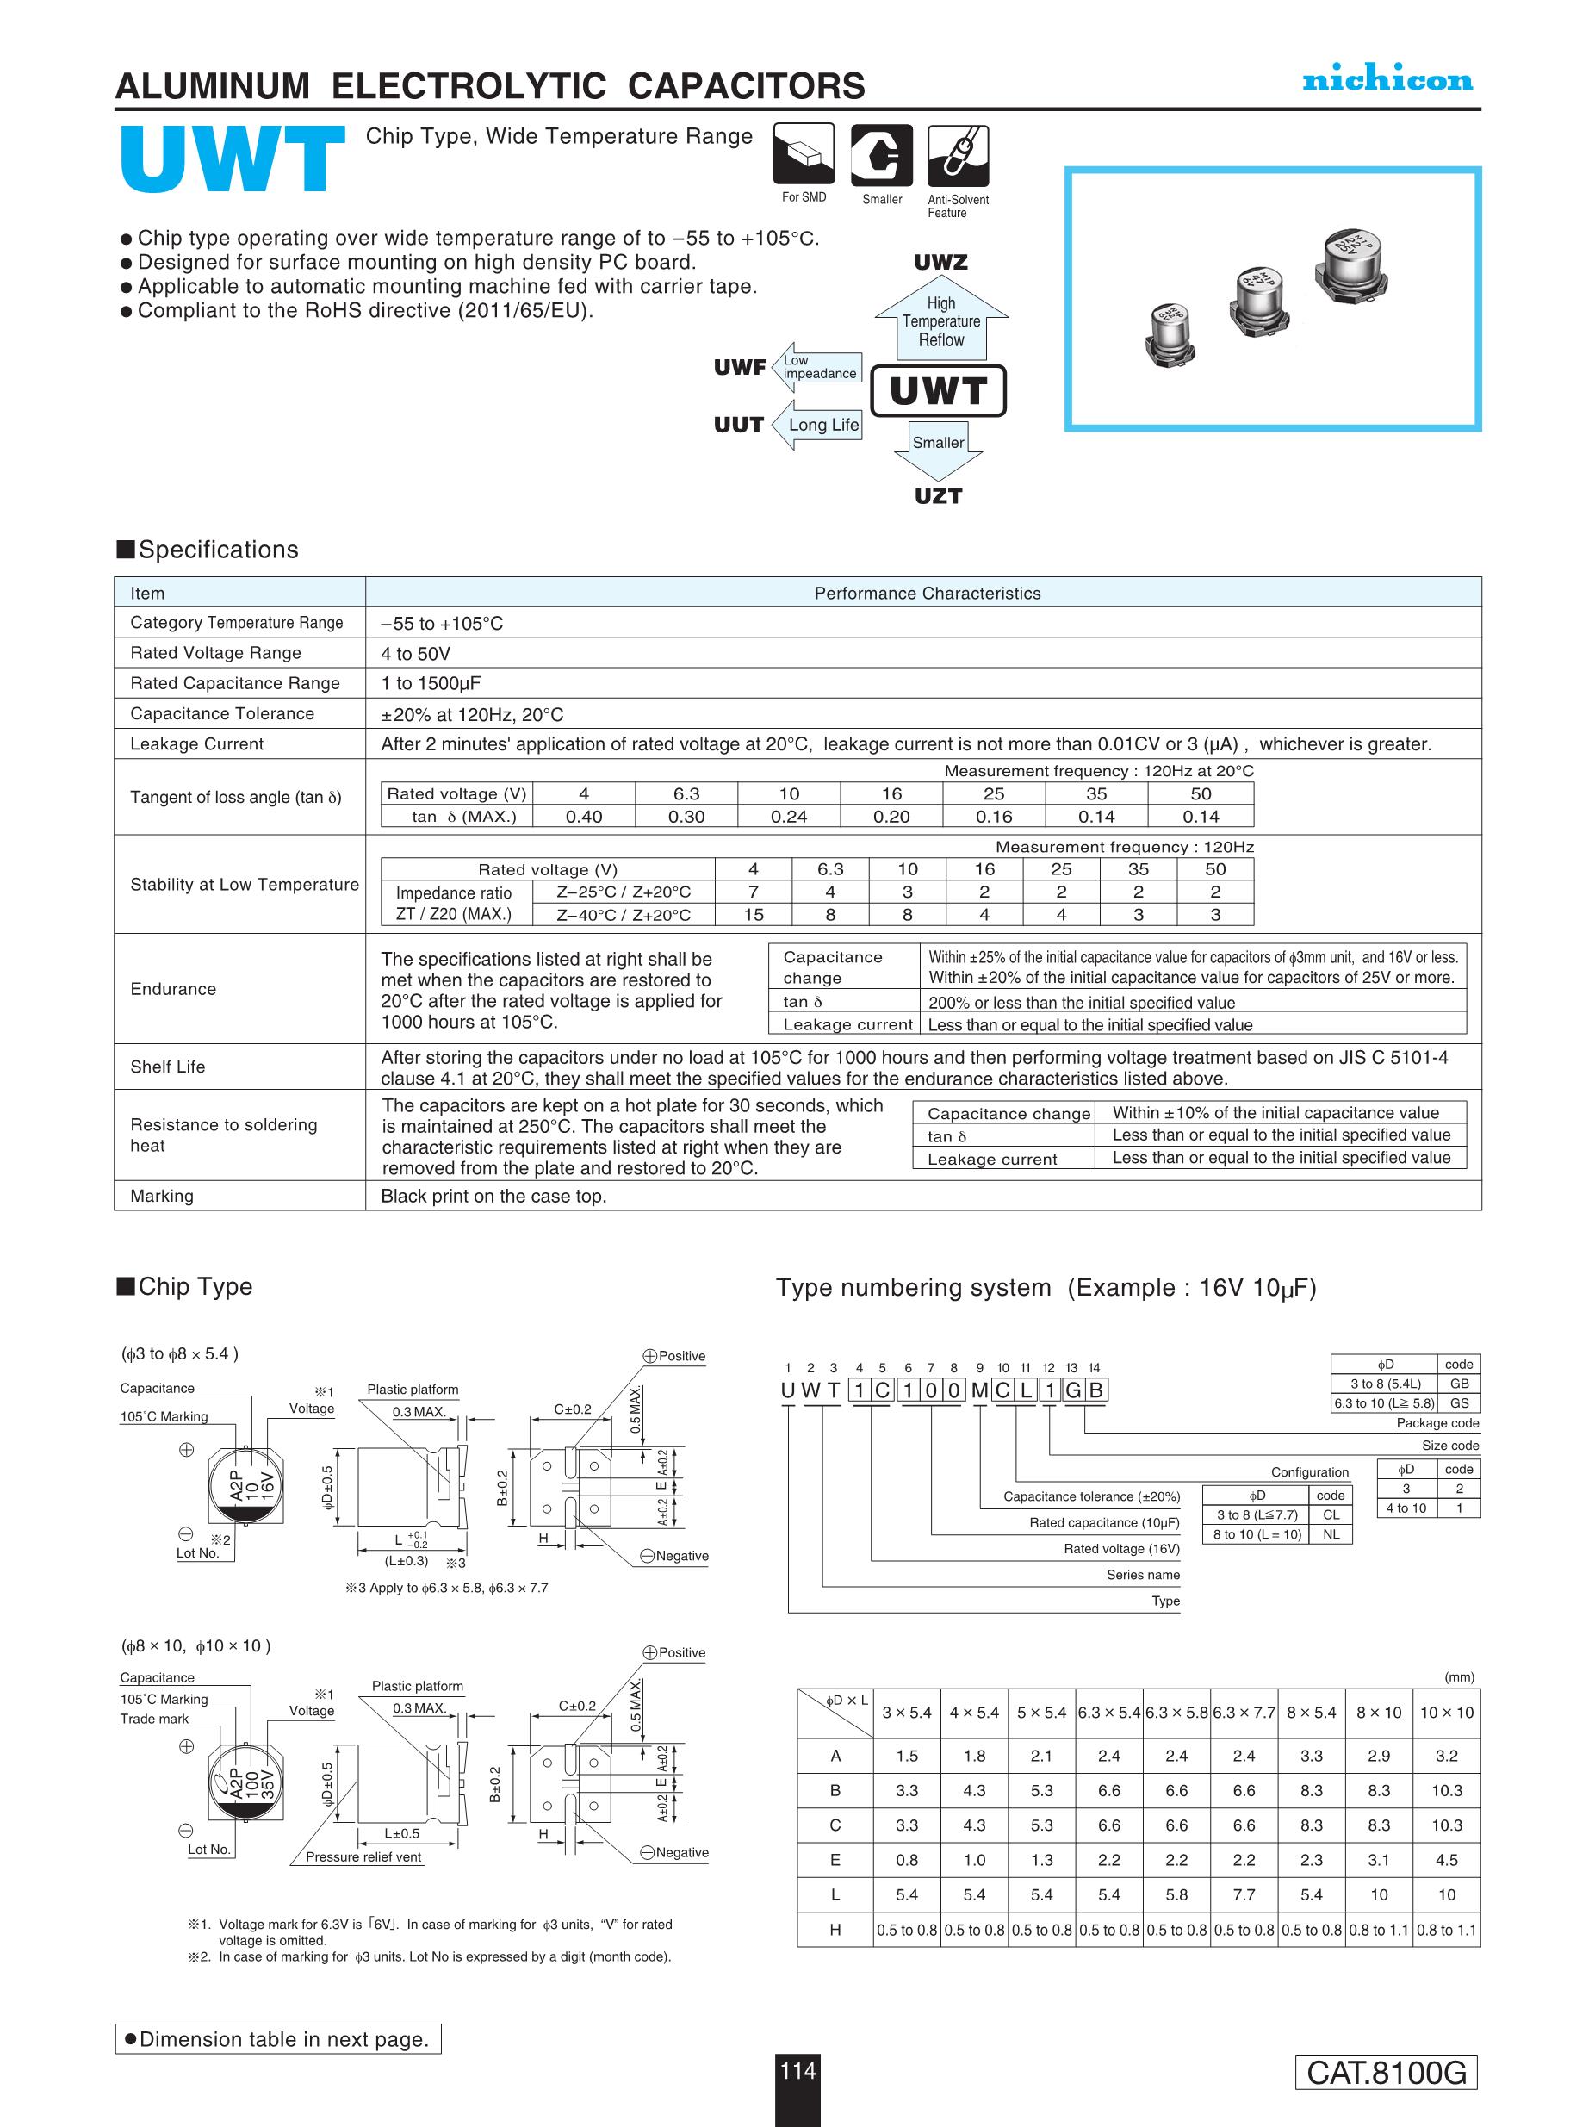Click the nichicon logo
click(x=1387, y=80)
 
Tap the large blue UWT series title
click(x=233, y=159)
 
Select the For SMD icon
click(x=804, y=155)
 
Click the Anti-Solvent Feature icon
click(x=958, y=155)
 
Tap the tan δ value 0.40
click(x=584, y=817)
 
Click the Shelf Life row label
click(x=168, y=1067)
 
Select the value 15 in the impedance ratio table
click(x=753, y=914)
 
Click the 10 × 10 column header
click(x=1446, y=1713)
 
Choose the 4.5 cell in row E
click(x=1446, y=1860)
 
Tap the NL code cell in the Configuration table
click(x=1331, y=1534)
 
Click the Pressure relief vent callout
click(x=363, y=1856)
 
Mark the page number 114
click(x=798, y=2070)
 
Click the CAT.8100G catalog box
click(x=1386, y=2072)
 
